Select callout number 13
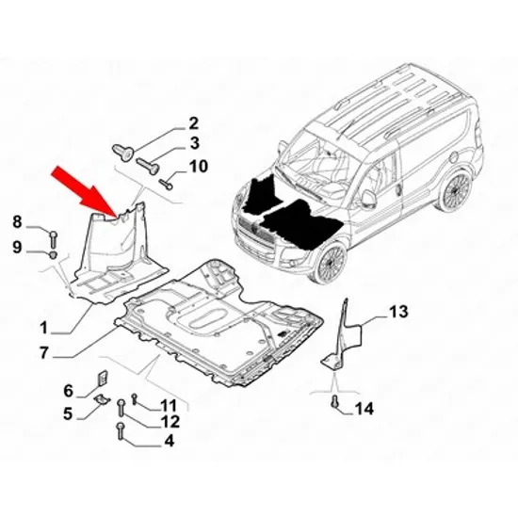point(398,312)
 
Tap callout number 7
point(44,352)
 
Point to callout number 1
point(44,328)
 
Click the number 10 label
point(198,166)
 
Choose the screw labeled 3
point(148,166)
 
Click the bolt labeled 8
point(54,239)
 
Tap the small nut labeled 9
point(53,255)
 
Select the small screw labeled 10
point(166,184)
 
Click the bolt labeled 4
point(121,431)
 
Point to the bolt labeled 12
point(121,408)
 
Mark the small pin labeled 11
point(134,398)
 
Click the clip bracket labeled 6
point(103,378)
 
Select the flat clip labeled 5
point(102,399)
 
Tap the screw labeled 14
point(335,401)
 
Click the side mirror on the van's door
point(367,199)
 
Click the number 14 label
point(364,409)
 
